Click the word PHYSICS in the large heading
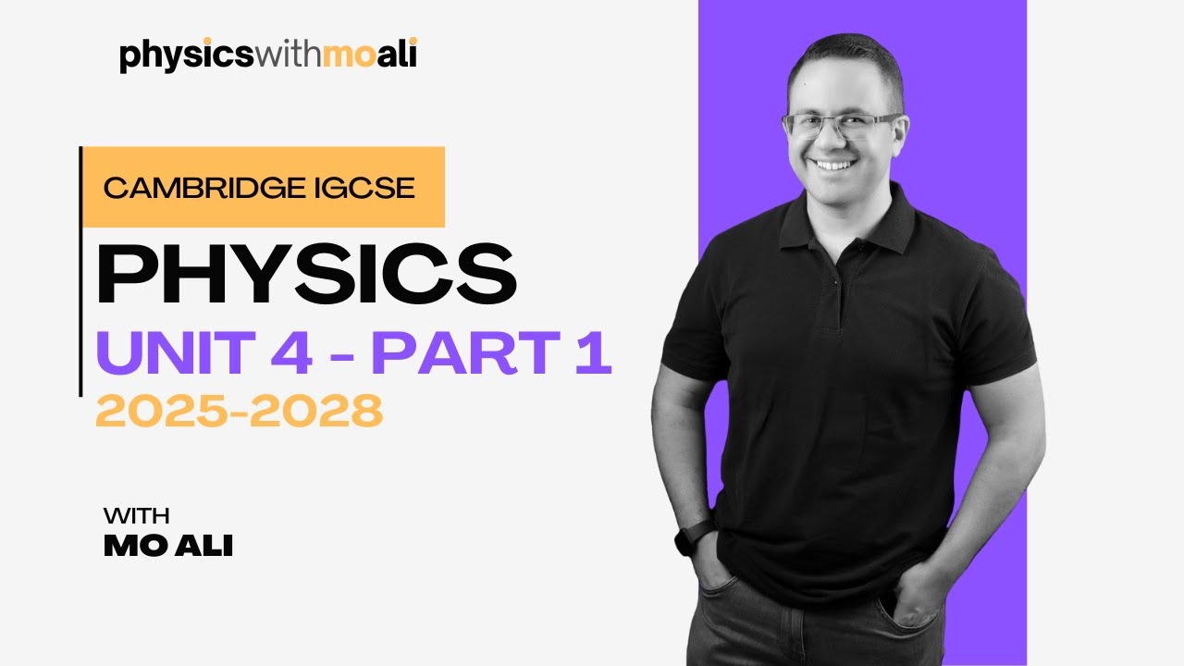coord(306,275)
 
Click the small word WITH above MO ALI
coord(137,515)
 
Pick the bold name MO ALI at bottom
coord(168,546)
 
